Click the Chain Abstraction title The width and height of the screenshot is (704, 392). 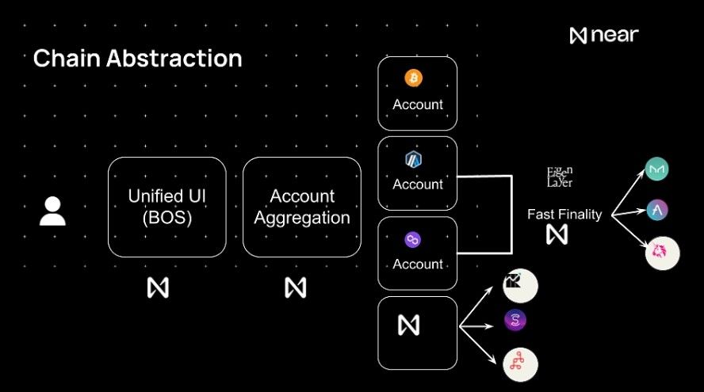(137, 58)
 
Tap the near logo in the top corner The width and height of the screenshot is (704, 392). (603, 35)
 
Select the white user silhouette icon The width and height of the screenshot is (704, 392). (52, 211)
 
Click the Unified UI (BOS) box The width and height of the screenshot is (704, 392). (166, 206)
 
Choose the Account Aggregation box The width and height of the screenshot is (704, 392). (301, 206)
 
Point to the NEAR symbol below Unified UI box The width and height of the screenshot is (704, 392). (158, 287)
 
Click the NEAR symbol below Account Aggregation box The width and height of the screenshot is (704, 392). (295, 287)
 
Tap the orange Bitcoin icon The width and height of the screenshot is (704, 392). (413, 78)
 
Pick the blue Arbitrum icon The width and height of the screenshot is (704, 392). (413, 159)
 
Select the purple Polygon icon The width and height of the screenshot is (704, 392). (413, 239)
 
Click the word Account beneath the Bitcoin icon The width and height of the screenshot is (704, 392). (418, 105)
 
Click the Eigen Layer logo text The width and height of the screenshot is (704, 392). (560, 177)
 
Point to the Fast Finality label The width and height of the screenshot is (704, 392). (564, 214)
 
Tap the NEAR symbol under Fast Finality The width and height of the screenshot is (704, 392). (557, 234)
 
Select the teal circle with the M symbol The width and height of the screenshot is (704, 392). (657, 169)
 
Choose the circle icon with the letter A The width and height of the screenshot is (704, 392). (657, 211)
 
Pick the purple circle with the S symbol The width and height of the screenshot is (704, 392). (515, 321)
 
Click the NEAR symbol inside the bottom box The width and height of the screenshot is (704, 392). (407, 325)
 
